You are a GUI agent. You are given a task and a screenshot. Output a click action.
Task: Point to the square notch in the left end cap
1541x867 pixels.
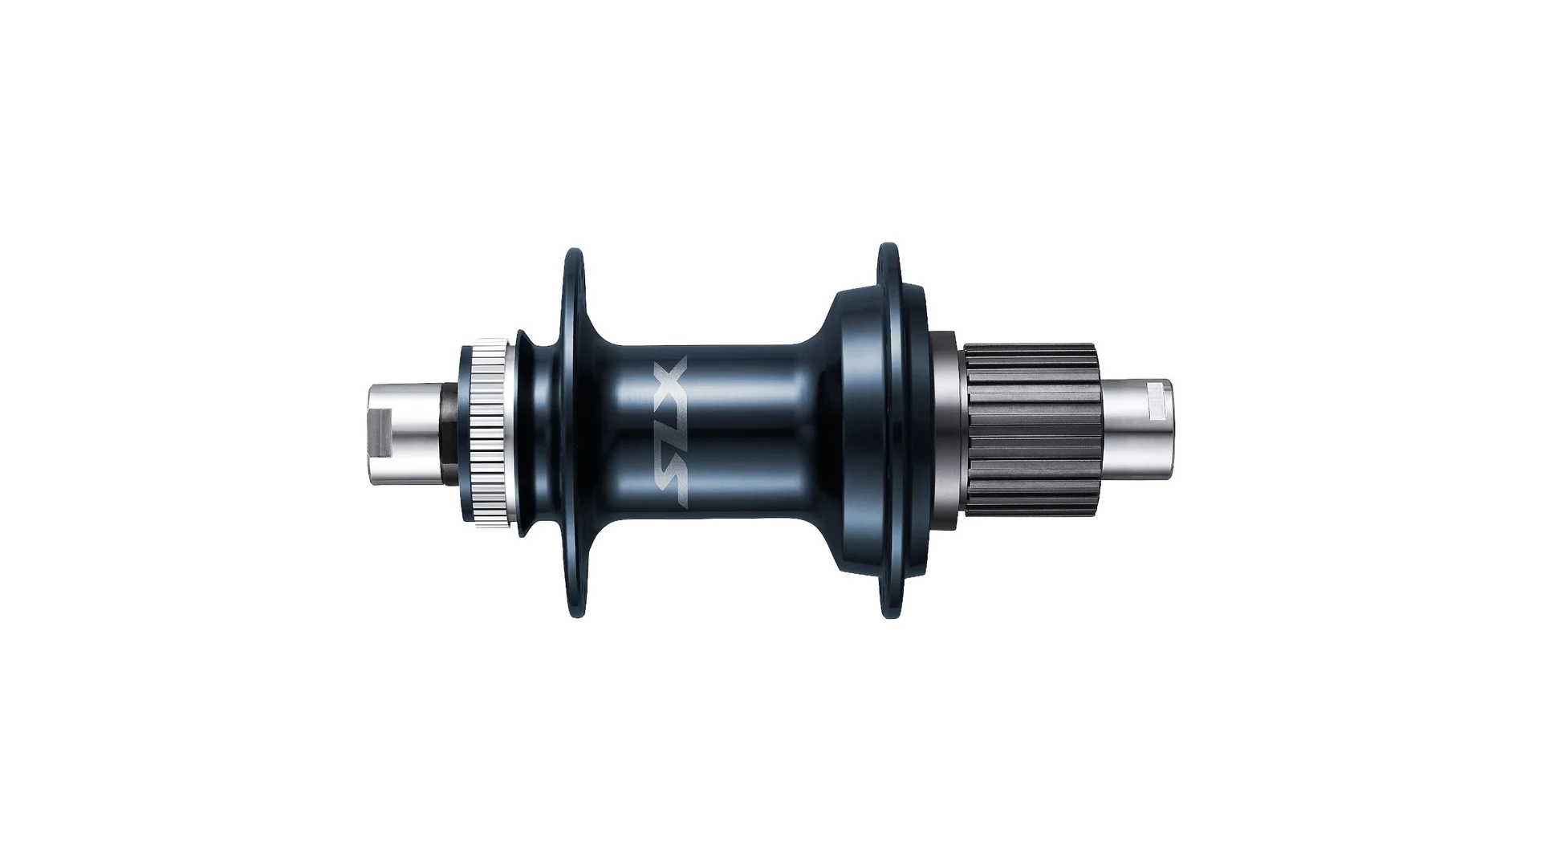(x=382, y=433)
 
